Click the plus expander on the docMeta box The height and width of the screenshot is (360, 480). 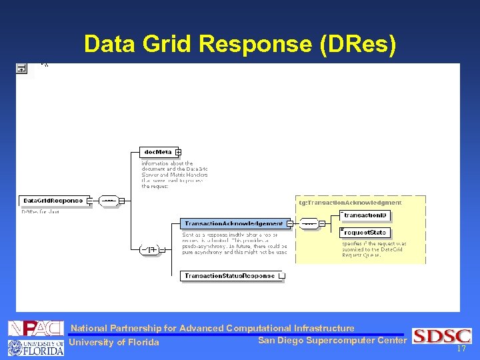pyautogui.click(x=178, y=152)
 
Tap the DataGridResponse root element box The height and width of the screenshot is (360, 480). pyautogui.click(x=53, y=201)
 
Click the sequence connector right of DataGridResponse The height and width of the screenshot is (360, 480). pyautogui.click(x=109, y=201)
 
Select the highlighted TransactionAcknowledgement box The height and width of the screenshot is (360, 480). pyautogui.click(x=233, y=224)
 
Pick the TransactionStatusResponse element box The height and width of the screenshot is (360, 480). pyautogui.click(x=230, y=275)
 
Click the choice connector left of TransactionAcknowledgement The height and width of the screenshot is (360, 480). pyautogui.click(x=149, y=249)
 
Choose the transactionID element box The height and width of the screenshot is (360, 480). pyautogui.click(x=365, y=215)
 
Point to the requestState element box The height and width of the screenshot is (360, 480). pyautogui.click(x=365, y=233)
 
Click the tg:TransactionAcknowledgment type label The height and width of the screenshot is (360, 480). pyautogui.click(x=350, y=202)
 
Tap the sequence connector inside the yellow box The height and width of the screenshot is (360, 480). pyautogui.click(x=308, y=224)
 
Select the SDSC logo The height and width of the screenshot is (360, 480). pyautogui.click(x=442, y=336)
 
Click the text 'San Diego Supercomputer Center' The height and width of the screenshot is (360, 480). pyautogui.click(x=331, y=341)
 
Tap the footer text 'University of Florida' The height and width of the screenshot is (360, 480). pyautogui.click(x=115, y=343)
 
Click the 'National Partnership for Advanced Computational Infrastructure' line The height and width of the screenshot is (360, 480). pyautogui.click(x=213, y=328)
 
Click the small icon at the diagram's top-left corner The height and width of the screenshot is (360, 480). pyautogui.click(x=22, y=68)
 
